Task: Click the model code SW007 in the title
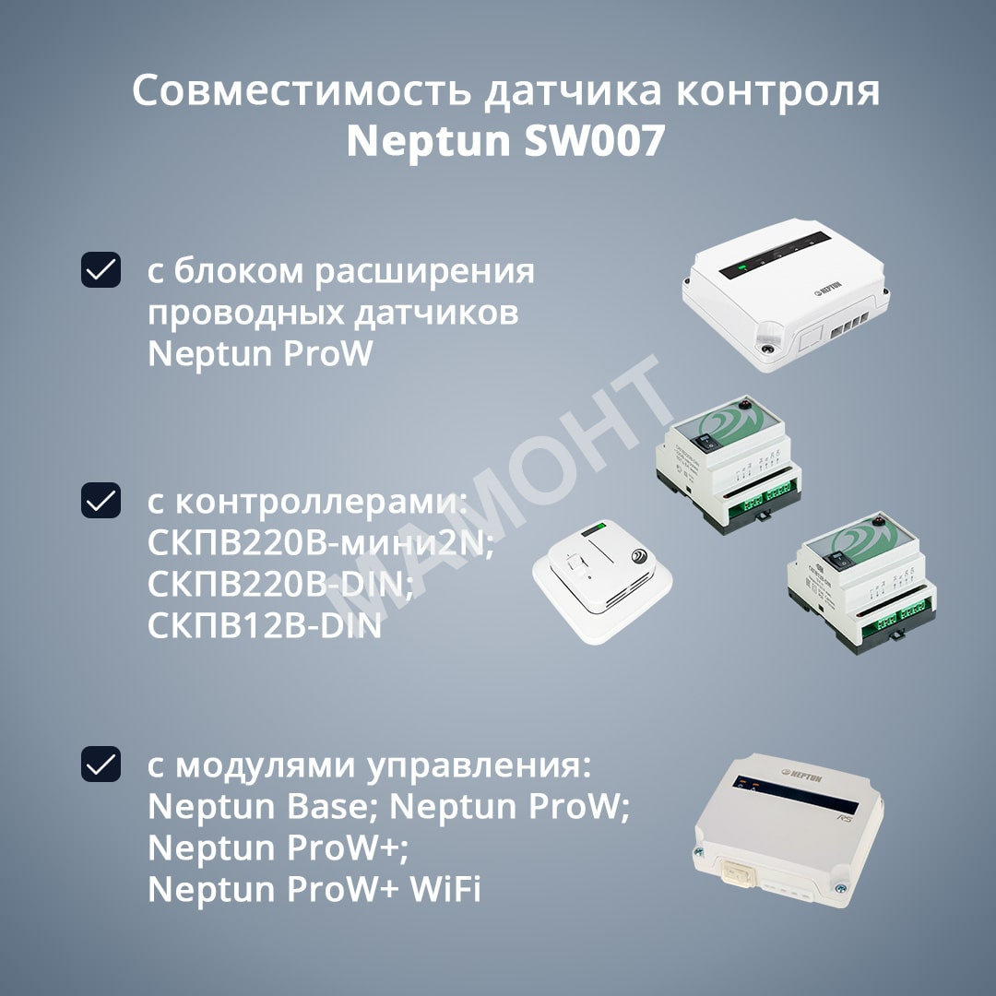coord(594,140)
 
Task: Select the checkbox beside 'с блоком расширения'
coord(101,270)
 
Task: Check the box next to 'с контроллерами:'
coord(101,500)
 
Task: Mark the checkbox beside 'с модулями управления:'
coord(101,764)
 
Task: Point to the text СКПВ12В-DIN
coord(265,625)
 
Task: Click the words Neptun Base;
coord(264,807)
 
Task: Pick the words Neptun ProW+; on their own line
coord(279,848)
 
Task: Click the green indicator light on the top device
coord(741,267)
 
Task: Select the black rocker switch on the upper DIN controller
coord(705,443)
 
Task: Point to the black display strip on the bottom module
coord(795,794)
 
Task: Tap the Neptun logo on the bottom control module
coord(801,776)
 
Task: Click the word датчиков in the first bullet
coord(435,314)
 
